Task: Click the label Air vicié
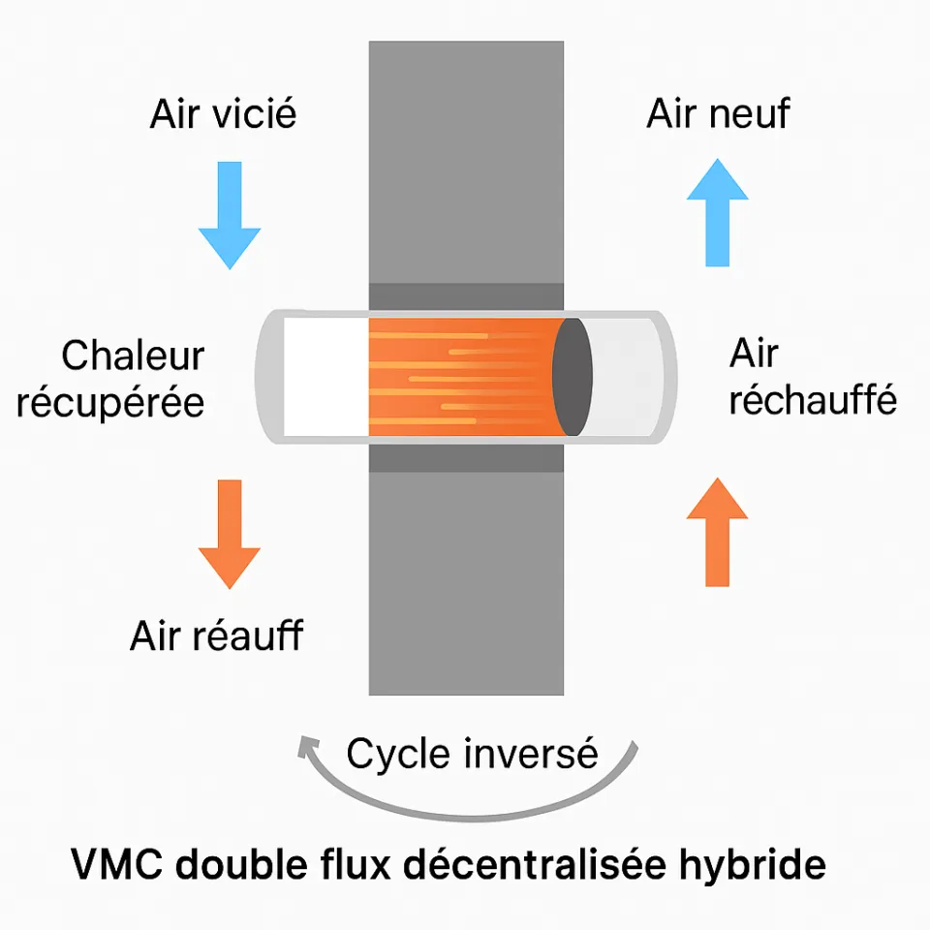[x=223, y=114]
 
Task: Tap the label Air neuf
[x=718, y=114]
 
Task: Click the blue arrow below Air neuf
[x=717, y=213]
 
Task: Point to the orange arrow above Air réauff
[x=230, y=534]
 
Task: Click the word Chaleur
[x=133, y=356]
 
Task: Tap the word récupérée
[x=110, y=402]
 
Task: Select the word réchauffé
[x=813, y=400]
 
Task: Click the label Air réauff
[x=216, y=636]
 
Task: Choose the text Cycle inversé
[x=472, y=753]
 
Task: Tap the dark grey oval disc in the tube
[x=573, y=377]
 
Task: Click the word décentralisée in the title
[x=543, y=864]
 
